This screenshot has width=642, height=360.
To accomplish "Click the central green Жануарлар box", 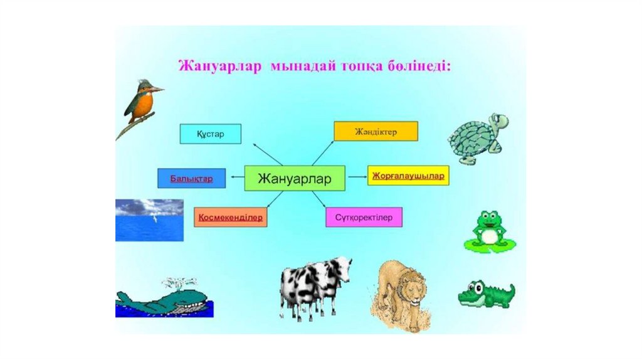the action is coord(294,179).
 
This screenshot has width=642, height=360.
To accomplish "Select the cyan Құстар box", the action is coord(210,134).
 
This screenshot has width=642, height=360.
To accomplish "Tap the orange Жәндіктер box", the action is coord(376,131).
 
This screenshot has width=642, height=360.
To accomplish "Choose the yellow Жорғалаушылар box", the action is coord(408,176).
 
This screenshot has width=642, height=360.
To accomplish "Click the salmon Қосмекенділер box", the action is coord(230,217).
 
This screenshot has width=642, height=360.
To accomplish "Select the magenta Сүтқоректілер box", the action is coord(364,217).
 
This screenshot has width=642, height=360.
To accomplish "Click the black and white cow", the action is coord(315,285).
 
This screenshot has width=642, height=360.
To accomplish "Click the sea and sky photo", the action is coord(149,220).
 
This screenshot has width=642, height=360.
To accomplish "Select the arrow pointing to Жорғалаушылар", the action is coord(357,177).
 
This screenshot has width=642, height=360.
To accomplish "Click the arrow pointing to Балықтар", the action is coord(236,178).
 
